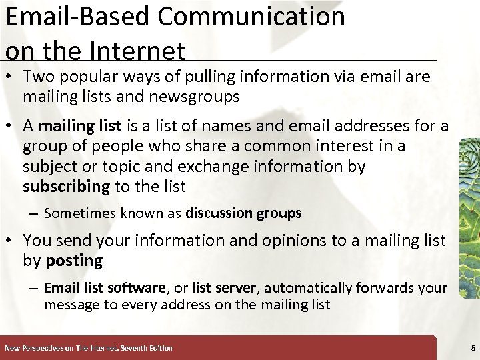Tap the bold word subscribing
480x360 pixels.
pyautogui.click(x=66, y=187)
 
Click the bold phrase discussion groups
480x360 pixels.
pyautogui.click(x=243, y=213)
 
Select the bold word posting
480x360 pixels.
pyautogui.click(x=74, y=261)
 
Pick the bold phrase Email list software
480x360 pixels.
pyautogui.click(x=105, y=288)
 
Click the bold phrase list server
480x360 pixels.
pyautogui.click(x=224, y=288)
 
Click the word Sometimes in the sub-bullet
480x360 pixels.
pyautogui.click(x=74, y=213)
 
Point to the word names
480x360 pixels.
pyautogui.click(x=258, y=126)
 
